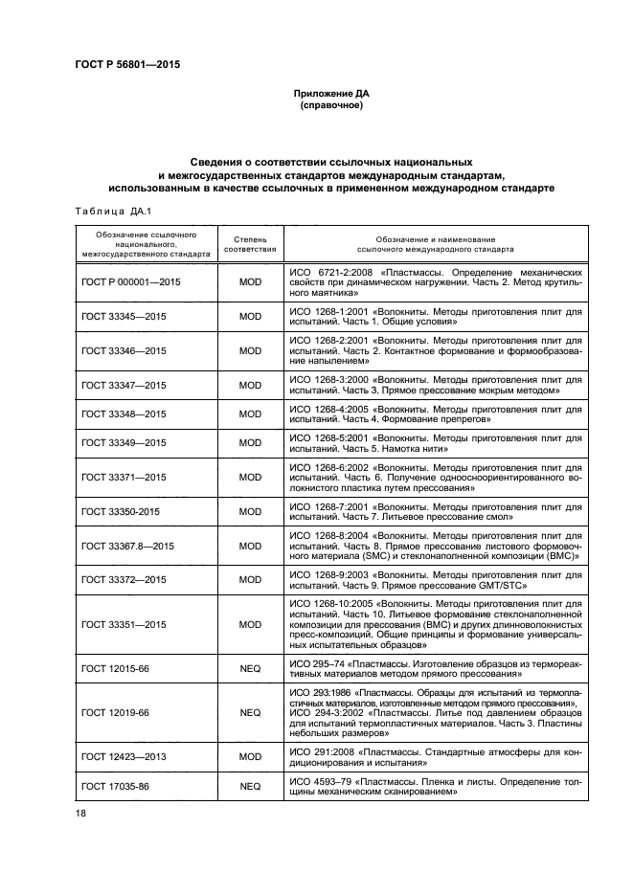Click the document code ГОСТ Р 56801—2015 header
pos(127,65)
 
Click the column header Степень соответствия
pos(250,242)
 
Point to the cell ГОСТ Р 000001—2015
pos(131,284)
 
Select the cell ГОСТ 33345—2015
pos(124,317)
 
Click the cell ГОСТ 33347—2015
pos(124,385)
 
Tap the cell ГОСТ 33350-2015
pos(121,512)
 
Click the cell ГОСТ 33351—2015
pos(124,624)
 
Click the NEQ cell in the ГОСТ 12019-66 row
pos(250,713)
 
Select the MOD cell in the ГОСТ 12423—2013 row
pos(250,757)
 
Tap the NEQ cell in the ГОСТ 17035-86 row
pos(250,787)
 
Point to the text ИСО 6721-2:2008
pos(329,273)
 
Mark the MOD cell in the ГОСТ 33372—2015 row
pos(250,580)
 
